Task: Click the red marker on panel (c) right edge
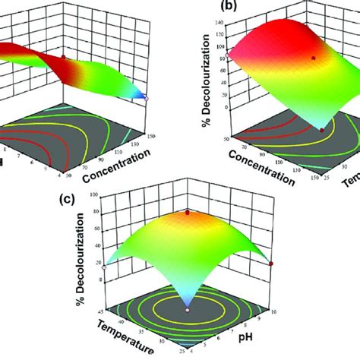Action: pos(272,264)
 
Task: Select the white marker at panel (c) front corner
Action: pos(187,310)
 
